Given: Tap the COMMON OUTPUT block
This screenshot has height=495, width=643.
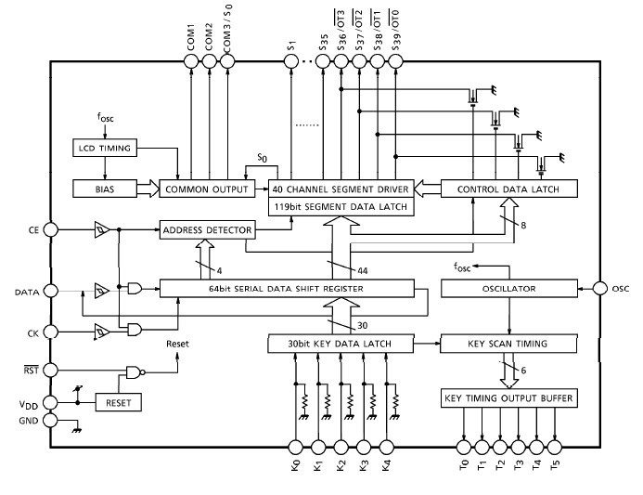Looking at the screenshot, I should pos(205,189).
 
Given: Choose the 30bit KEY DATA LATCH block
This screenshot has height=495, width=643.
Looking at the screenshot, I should pos(341,343).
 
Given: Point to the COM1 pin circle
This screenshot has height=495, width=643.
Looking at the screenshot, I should pos(190,61).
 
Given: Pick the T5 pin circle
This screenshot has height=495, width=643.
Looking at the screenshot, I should pos(556,447).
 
